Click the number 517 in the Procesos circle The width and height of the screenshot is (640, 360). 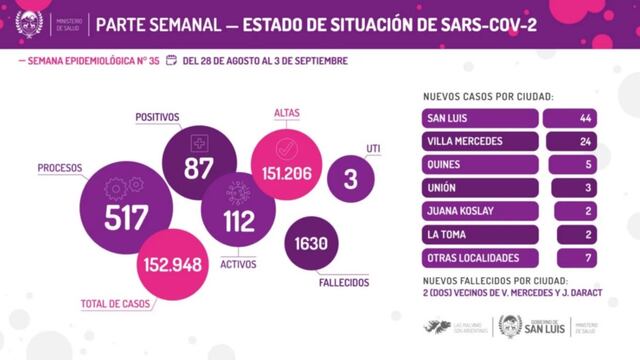[126, 218]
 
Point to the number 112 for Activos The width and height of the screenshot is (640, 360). [239, 222]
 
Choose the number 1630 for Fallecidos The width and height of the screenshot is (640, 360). [312, 243]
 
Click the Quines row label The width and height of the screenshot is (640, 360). [443, 164]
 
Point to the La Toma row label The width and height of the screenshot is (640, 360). [446, 234]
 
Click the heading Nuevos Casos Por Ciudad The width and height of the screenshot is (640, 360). [490, 96]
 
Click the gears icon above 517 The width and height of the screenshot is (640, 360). [125, 189]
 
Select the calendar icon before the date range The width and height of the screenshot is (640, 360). [171, 60]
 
